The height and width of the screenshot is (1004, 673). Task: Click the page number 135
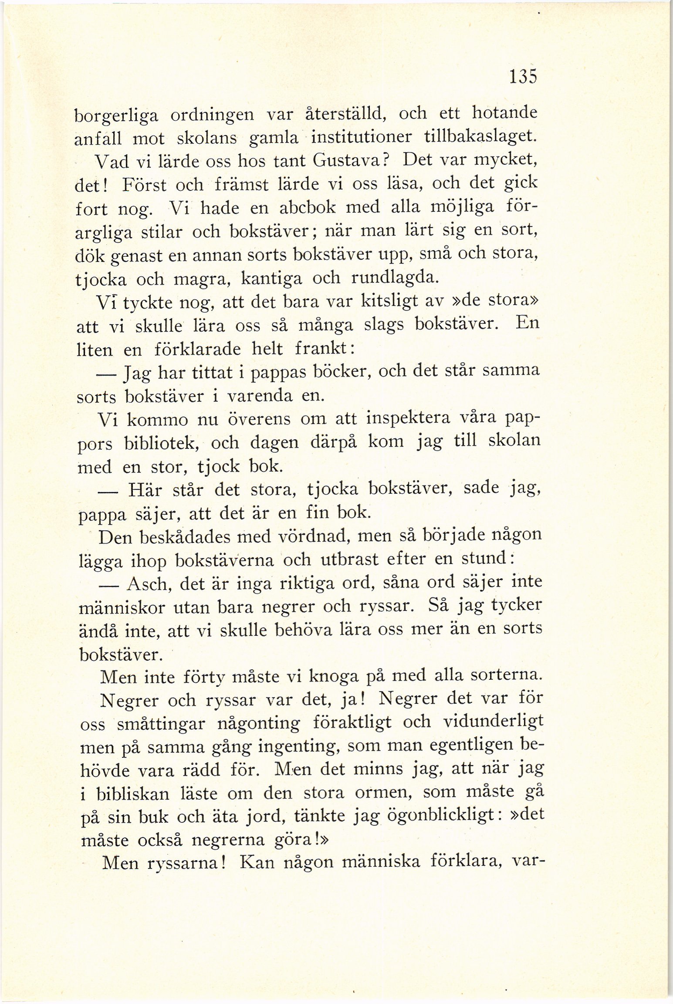click(523, 77)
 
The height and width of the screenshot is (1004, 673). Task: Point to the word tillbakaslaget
click(480, 137)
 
